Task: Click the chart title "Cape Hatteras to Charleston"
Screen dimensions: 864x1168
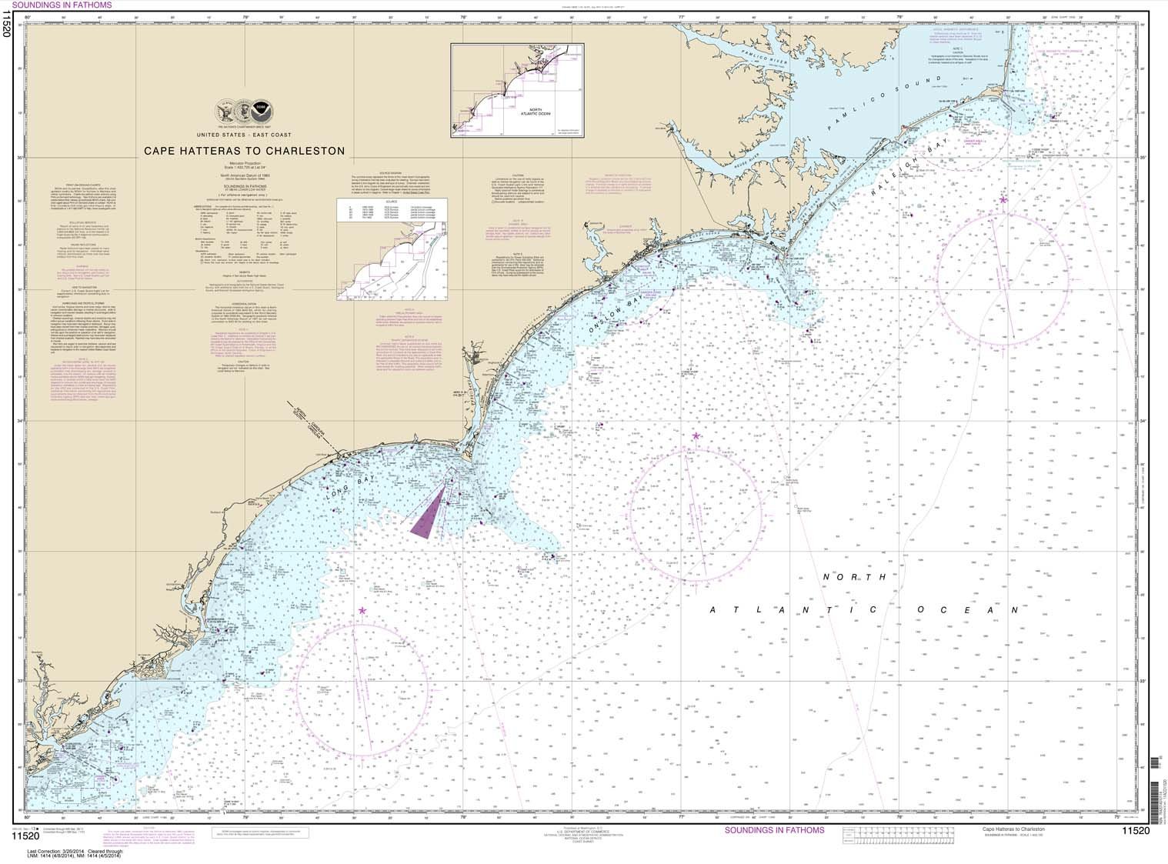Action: pos(245,151)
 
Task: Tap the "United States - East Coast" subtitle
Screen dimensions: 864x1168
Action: pos(245,134)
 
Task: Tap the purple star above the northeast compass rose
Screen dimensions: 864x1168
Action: pos(1003,200)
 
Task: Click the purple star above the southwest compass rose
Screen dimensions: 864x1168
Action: pos(362,611)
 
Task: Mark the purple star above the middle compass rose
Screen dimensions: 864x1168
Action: pos(696,435)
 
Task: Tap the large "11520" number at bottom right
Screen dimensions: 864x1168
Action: pos(1135,830)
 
